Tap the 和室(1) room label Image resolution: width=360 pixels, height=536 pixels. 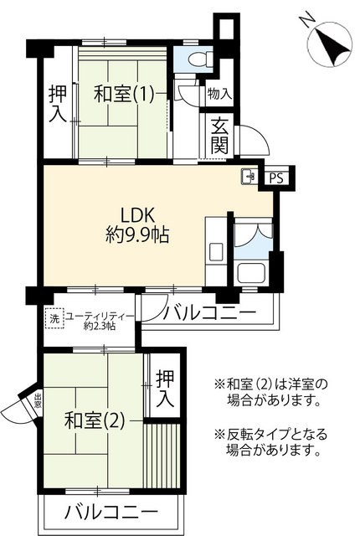[123, 93]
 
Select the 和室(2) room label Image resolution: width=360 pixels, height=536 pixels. [95, 420]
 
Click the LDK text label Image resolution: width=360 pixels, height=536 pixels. [137, 215]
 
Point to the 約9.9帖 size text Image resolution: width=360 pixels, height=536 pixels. [137, 234]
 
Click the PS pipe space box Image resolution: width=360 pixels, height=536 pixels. [276, 178]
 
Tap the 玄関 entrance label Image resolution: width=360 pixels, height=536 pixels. [219, 136]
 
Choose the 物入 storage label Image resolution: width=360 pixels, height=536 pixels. [219, 93]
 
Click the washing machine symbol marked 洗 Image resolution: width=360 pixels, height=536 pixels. [54, 318]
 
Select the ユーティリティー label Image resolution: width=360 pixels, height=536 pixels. [99, 317]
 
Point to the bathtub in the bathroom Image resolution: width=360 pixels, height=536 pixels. [252, 273]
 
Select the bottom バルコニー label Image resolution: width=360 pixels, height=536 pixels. [112, 512]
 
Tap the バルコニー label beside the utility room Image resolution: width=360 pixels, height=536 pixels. [209, 312]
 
